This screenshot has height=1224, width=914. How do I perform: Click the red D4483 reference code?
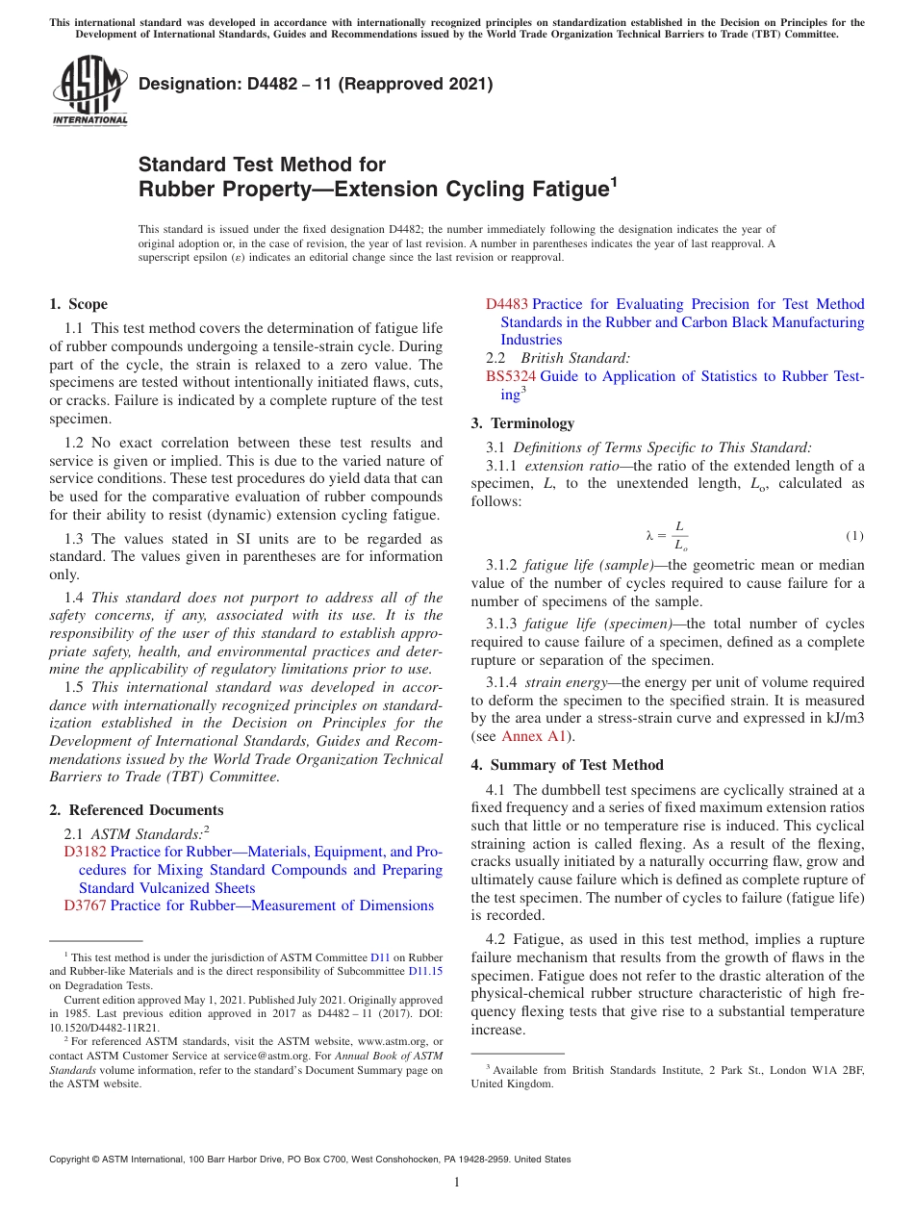pos(506,304)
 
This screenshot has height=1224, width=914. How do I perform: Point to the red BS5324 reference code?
pos(510,376)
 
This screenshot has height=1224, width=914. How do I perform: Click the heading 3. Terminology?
pos(522,423)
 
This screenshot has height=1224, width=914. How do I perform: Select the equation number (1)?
pos(854,535)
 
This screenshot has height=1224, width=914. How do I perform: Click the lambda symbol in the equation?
pos(649,535)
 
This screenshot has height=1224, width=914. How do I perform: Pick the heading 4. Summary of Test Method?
pos(567,765)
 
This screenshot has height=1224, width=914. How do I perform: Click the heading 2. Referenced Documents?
pos(136,810)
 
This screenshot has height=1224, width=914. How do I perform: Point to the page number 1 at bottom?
pos(457,1183)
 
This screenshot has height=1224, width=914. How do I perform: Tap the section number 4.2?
pos(496,939)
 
